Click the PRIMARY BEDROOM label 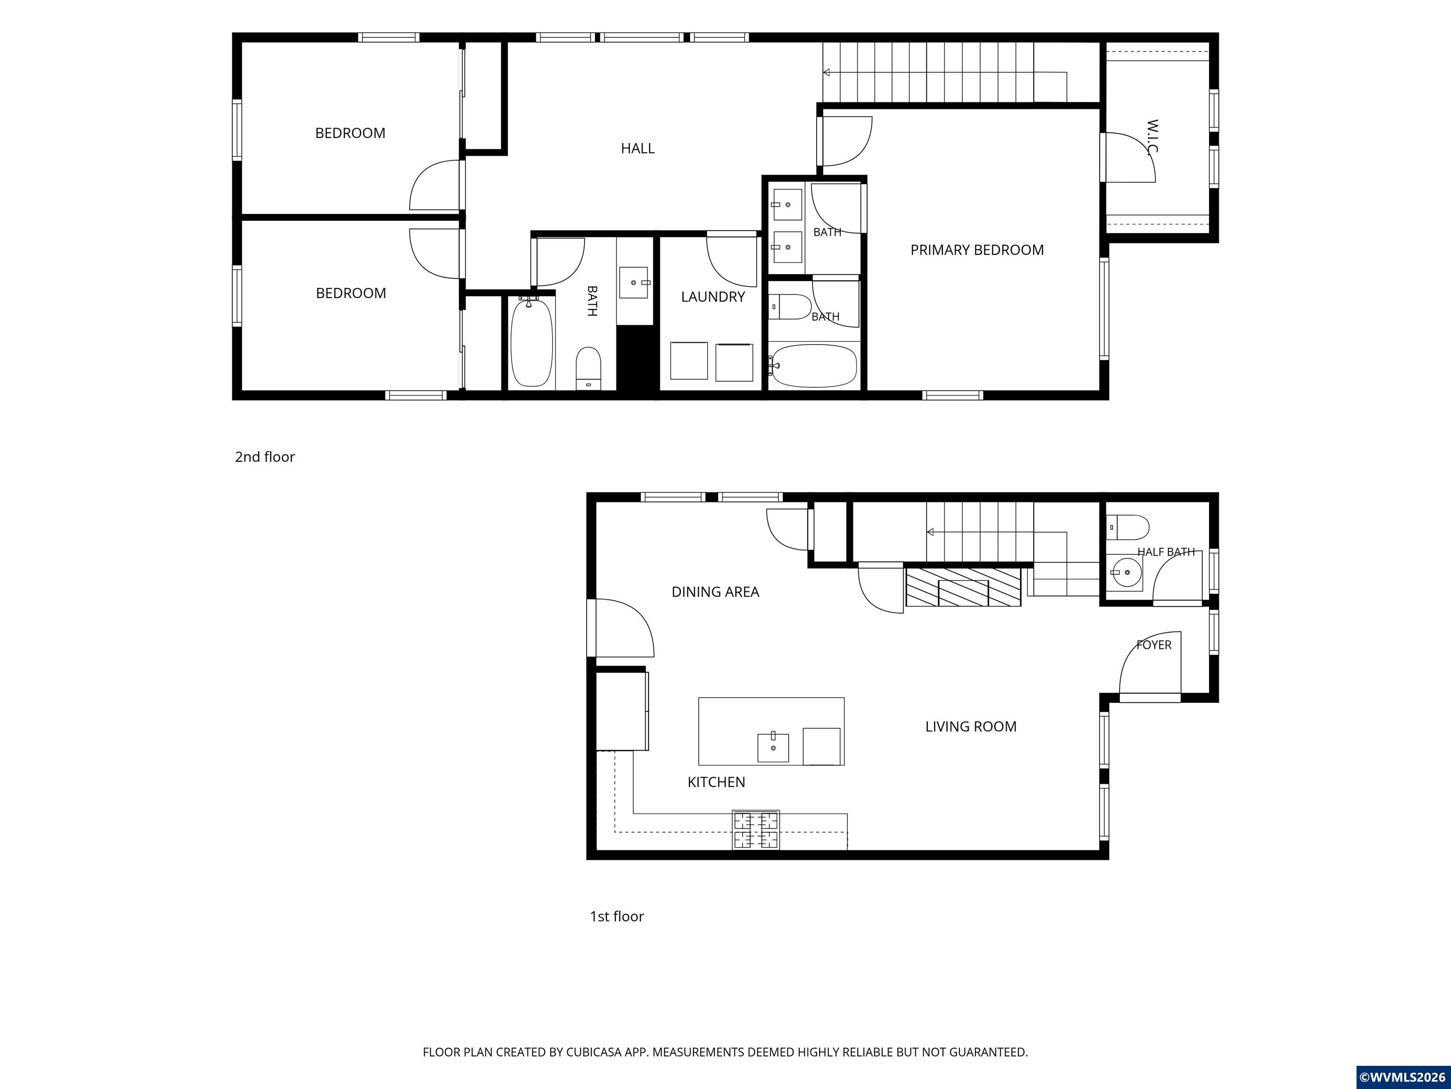pos(977,250)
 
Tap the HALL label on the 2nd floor pos(638,148)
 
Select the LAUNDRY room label pos(713,297)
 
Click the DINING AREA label pos(715,592)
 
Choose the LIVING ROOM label pos(971,726)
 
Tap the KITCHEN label pos(717,782)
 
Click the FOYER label pos(1154,645)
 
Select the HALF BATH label pos(1166,552)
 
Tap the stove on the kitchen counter pos(756,830)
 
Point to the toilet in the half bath pos(1128,527)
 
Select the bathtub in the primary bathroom pos(813,365)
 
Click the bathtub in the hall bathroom pos(531,343)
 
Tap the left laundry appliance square pos(689,360)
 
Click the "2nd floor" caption pos(265,457)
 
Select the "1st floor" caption pos(616,916)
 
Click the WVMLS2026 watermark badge pos(1402,1077)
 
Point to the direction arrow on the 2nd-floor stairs pos(945,72)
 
